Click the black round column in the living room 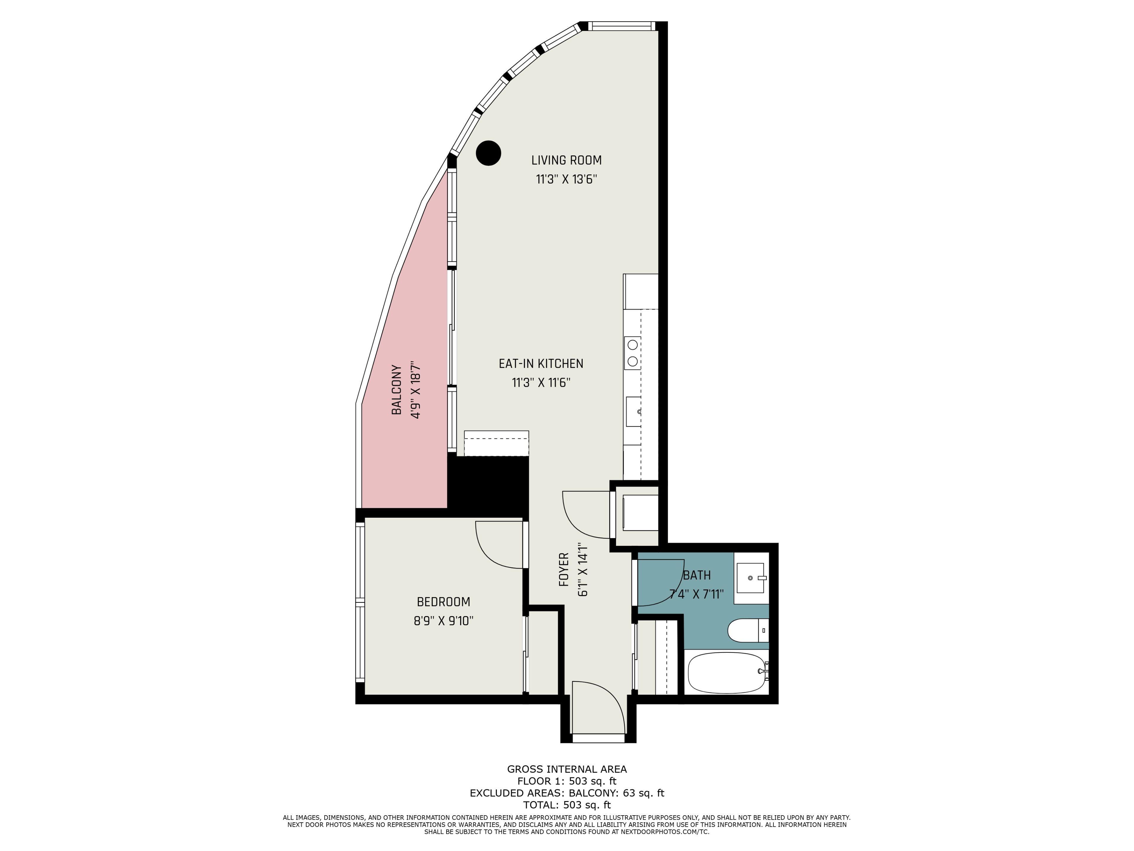coord(488,153)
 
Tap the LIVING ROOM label coord(566,160)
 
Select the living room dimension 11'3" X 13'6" coord(566,180)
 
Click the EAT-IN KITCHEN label coord(541,364)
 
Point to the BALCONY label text coord(396,390)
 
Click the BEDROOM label coord(444,602)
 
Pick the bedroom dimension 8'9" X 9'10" coord(444,621)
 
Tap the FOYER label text coord(564,569)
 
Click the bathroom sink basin coord(750,578)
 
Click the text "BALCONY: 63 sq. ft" coord(617,793)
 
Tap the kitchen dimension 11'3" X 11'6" coord(541,383)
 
